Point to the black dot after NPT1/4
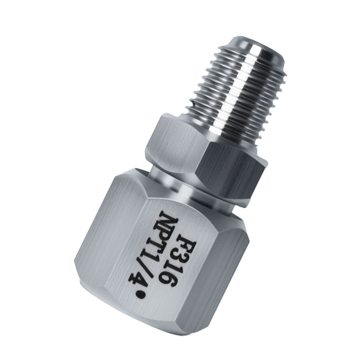tap(143, 296)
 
